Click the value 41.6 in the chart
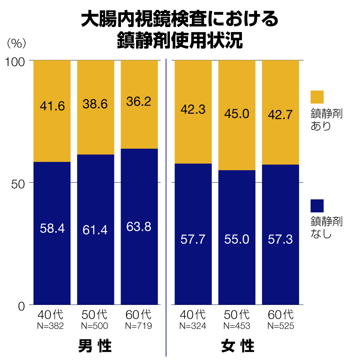52,106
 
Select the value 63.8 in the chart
139,227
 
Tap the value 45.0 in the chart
237,114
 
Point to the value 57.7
193,239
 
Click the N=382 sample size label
51,326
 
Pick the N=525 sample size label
281,326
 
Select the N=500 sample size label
95,326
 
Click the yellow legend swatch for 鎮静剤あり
317,97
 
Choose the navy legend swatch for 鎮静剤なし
317,206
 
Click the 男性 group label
95,346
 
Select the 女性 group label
237,346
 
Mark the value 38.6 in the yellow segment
95,104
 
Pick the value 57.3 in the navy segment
280,239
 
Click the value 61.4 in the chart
95,230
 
